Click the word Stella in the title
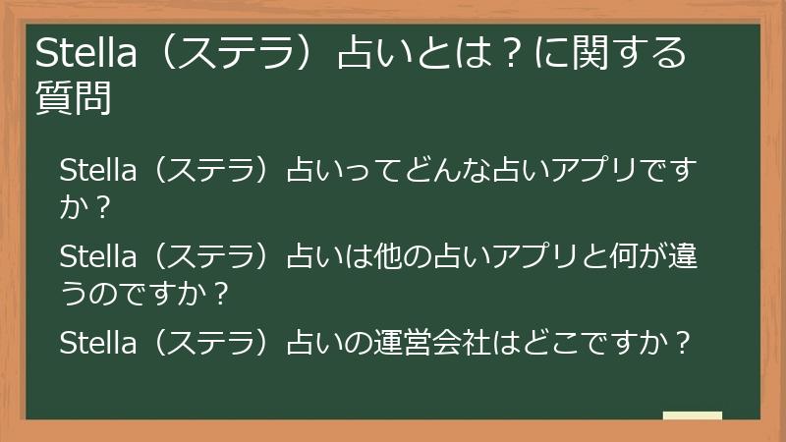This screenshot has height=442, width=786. [81, 54]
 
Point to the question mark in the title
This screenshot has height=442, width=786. [508, 54]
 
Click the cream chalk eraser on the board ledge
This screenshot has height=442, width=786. [693, 415]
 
